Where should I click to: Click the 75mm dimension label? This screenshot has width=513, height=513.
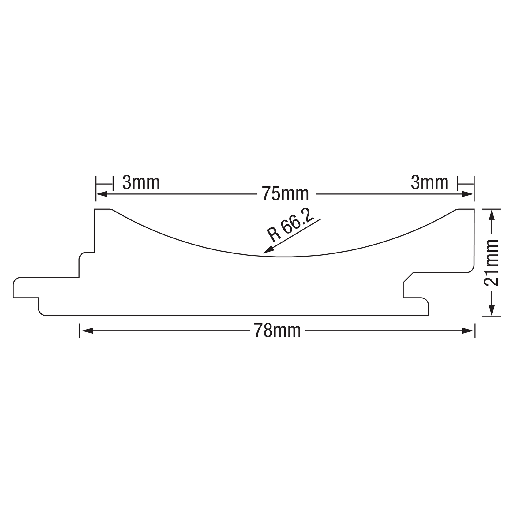tap(285, 194)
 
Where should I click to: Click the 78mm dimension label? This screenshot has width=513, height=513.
tap(277, 331)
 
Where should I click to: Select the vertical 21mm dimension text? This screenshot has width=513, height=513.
tap(491, 263)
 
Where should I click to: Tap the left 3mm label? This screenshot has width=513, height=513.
tap(141, 183)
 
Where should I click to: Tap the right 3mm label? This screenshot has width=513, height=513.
tap(429, 183)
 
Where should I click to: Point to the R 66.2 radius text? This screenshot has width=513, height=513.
tap(290, 225)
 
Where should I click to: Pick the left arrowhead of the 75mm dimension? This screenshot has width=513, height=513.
tap(102, 194)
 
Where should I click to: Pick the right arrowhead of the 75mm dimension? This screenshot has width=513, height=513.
tap(468, 194)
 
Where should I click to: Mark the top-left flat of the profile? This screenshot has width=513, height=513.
tap(102, 209)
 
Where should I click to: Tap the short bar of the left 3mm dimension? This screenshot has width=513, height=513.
tap(104, 184)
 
